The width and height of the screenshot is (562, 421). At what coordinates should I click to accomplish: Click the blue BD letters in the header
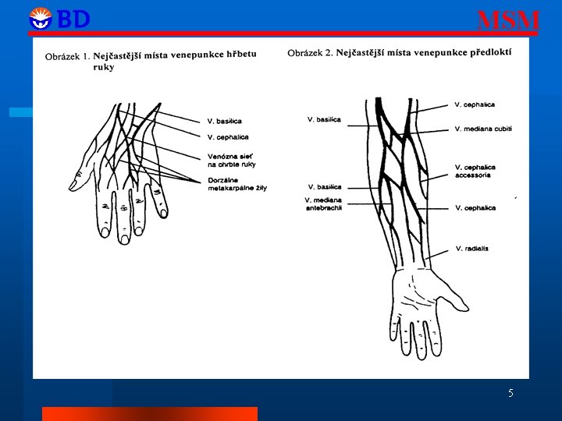point(74,19)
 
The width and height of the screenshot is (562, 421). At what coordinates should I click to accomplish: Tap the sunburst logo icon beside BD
point(40,19)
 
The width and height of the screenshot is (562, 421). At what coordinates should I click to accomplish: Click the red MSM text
point(507,20)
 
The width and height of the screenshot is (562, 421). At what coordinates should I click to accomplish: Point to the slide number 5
point(510,393)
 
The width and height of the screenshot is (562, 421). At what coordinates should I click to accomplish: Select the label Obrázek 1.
point(68,56)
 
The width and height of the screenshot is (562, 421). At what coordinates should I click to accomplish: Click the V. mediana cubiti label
point(482,129)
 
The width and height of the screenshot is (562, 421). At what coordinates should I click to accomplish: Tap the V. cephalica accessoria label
point(475,172)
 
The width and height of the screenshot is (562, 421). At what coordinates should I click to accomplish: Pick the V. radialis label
point(471,249)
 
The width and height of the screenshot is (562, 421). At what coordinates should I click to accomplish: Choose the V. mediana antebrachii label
point(323,204)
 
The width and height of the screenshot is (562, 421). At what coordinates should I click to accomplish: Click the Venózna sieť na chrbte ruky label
point(231,160)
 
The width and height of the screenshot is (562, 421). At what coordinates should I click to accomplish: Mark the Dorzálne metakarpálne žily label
point(237,184)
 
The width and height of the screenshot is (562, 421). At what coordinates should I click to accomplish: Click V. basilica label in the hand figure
point(224,121)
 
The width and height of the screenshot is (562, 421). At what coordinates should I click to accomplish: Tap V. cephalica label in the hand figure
point(227,137)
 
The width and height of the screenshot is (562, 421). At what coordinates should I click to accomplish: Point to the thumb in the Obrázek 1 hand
point(80,180)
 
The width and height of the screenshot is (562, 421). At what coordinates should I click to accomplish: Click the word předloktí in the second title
point(489,53)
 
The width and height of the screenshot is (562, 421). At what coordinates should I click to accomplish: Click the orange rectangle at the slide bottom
point(149,414)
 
